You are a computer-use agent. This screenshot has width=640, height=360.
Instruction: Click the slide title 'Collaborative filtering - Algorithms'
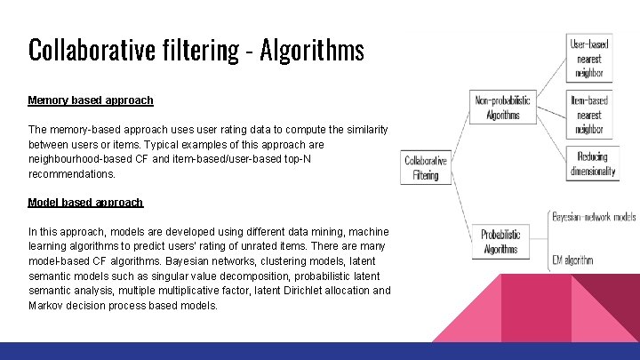pos(196,50)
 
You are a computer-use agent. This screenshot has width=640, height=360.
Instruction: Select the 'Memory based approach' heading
pos(91,100)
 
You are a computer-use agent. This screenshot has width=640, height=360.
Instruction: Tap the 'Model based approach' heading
pos(85,203)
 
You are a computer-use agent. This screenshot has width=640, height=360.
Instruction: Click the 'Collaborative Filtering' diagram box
pos(426,168)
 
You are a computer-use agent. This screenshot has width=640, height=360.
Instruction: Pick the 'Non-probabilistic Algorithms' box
pos(503,108)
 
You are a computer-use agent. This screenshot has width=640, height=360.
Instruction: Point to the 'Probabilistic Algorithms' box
pos(500,242)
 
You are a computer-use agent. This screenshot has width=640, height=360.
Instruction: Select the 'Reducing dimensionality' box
pos(593,164)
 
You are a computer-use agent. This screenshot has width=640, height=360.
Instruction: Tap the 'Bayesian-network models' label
pos(594,216)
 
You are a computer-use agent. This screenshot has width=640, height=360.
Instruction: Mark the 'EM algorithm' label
pos(572,260)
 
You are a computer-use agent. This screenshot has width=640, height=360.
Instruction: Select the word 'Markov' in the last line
pos(47,306)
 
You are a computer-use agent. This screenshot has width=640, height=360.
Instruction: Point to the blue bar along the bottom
pos(320,351)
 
